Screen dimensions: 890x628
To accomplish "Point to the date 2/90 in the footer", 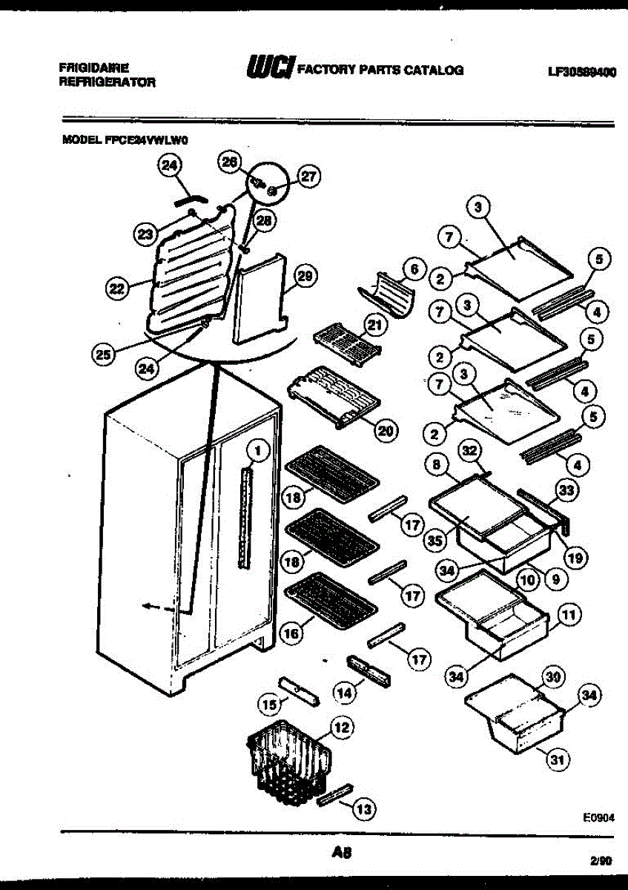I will tap(601, 863).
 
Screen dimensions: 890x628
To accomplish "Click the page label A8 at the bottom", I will tap(343, 853).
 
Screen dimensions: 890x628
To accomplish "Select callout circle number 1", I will tap(257, 449).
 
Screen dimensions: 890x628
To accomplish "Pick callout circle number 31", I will tap(555, 759).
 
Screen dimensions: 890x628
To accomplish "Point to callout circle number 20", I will tap(387, 429).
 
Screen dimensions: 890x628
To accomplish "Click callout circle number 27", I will tap(308, 176).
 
